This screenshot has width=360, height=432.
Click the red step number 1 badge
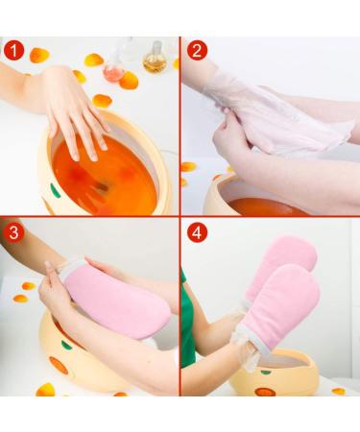click(x=12, y=49)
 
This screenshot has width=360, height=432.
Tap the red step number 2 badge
click(x=198, y=50)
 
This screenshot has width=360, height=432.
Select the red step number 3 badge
click(x=12, y=233)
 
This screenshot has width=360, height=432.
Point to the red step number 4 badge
click(x=198, y=233)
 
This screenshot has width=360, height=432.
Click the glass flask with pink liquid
click(x=114, y=64)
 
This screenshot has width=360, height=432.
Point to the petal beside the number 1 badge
click(x=39, y=56)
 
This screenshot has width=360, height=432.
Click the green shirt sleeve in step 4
click(x=188, y=326)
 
